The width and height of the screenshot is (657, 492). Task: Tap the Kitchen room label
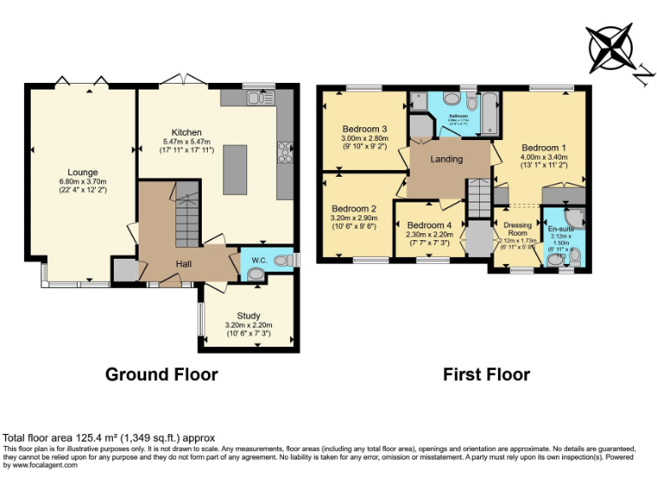click(x=186, y=132)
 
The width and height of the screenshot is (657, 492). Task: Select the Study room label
click(x=248, y=316)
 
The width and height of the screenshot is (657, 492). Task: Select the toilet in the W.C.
click(x=279, y=261)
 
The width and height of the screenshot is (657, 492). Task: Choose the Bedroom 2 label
click(x=354, y=208)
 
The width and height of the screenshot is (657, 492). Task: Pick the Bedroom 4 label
click(x=425, y=225)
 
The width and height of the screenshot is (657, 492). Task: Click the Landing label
click(x=447, y=159)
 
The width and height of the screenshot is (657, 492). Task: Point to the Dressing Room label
click(x=518, y=228)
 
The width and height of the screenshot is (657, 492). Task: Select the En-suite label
click(x=562, y=229)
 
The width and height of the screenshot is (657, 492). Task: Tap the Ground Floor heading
click(x=162, y=374)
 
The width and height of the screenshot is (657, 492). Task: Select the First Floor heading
click(x=487, y=374)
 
